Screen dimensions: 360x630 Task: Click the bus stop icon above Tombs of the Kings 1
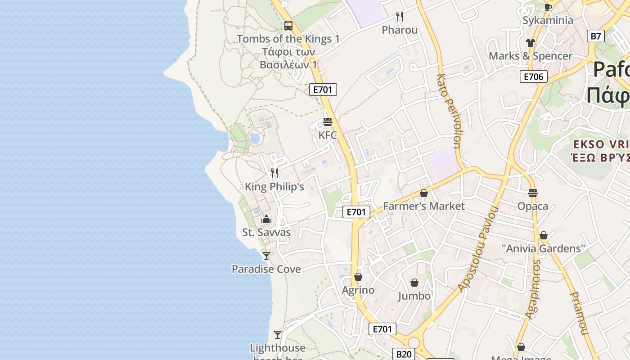coord(288,26)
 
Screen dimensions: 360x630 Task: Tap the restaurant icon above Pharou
coord(400,17)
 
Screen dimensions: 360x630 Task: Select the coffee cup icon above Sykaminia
coord(548,7)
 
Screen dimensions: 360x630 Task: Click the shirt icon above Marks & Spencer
coord(531,43)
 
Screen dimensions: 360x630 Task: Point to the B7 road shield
coord(595,36)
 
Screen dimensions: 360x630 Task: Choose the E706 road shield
coord(534,76)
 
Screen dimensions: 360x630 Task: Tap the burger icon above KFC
coord(328,122)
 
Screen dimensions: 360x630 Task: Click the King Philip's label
coord(274,186)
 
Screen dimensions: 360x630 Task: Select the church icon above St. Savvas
coord(266,219)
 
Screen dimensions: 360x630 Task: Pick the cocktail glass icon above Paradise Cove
coord(266,256)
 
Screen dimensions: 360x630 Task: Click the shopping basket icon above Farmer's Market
coord(424,193)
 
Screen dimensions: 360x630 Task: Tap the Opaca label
coord(533,206)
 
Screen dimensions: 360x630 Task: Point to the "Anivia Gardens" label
coord(543,248)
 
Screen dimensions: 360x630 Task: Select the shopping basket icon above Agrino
coord(358,277)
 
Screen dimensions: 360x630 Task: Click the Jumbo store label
coord(414,296)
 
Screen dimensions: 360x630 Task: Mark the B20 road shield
coord(404,354)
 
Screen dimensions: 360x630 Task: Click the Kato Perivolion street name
coord(449,111)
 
